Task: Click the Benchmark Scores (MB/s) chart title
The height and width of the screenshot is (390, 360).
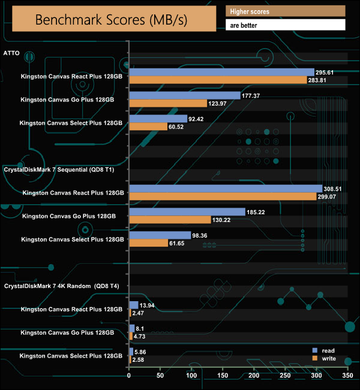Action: tap(112, 19)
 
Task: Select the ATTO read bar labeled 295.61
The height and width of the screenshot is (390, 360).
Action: tap(221, 72)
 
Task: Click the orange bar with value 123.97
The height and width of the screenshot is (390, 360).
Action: tap(168, 103)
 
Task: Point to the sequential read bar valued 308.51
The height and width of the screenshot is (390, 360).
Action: tap(226, 188)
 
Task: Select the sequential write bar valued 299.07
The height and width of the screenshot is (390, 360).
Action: tap(223, 197)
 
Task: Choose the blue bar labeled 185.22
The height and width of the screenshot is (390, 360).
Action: tap(187, 212)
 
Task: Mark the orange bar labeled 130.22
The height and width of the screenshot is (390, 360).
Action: tap(170, 220)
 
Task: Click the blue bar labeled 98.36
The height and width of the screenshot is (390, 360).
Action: tap(160, 235)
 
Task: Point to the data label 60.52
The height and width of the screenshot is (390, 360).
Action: tap(179, 127)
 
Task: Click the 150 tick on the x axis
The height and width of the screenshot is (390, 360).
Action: tap(223, 376)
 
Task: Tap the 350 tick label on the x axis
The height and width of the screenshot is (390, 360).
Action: tap(347, 376)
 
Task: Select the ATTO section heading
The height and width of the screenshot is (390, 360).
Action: tap(12, 53)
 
